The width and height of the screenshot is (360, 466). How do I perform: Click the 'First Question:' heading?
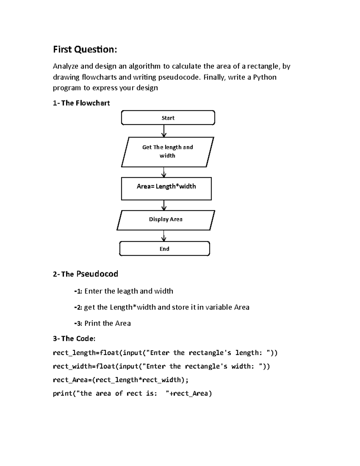pyautogui.click(x=85, y=49)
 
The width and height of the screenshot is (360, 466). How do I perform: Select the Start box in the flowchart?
pyautogui.click(x=168, y=118)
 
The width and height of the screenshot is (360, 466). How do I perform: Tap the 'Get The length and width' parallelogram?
pyautogui.click(x=167, y=152)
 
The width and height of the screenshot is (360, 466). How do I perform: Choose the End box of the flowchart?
pyautogui.click(x=164, y=249)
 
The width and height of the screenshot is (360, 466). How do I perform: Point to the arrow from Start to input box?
pyautogui.click(x=164, y=131)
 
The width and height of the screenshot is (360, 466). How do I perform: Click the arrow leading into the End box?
pyautogui.click(x=164, y=236)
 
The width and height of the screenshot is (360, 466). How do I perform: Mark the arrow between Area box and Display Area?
pyautogui.click(x=164, y=205)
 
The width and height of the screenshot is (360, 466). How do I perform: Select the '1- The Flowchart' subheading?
pyautogui.click(x=81, y=103)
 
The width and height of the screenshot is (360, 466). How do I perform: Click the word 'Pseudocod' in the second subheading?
pyautogui.click(x=97, y=274)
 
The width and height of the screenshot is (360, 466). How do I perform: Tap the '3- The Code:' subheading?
pyautogui.click(x=74, y=339)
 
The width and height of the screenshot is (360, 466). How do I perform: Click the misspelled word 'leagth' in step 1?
pyautogui.click(x=127, y=291)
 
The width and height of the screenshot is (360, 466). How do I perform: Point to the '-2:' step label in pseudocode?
pyautogui.click(x=78, y=307)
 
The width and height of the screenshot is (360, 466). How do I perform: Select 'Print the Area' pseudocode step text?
pyautogui.click(x=107, y=323)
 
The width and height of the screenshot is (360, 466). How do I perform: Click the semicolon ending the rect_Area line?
pyautogui.click(x=187, y=380)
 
